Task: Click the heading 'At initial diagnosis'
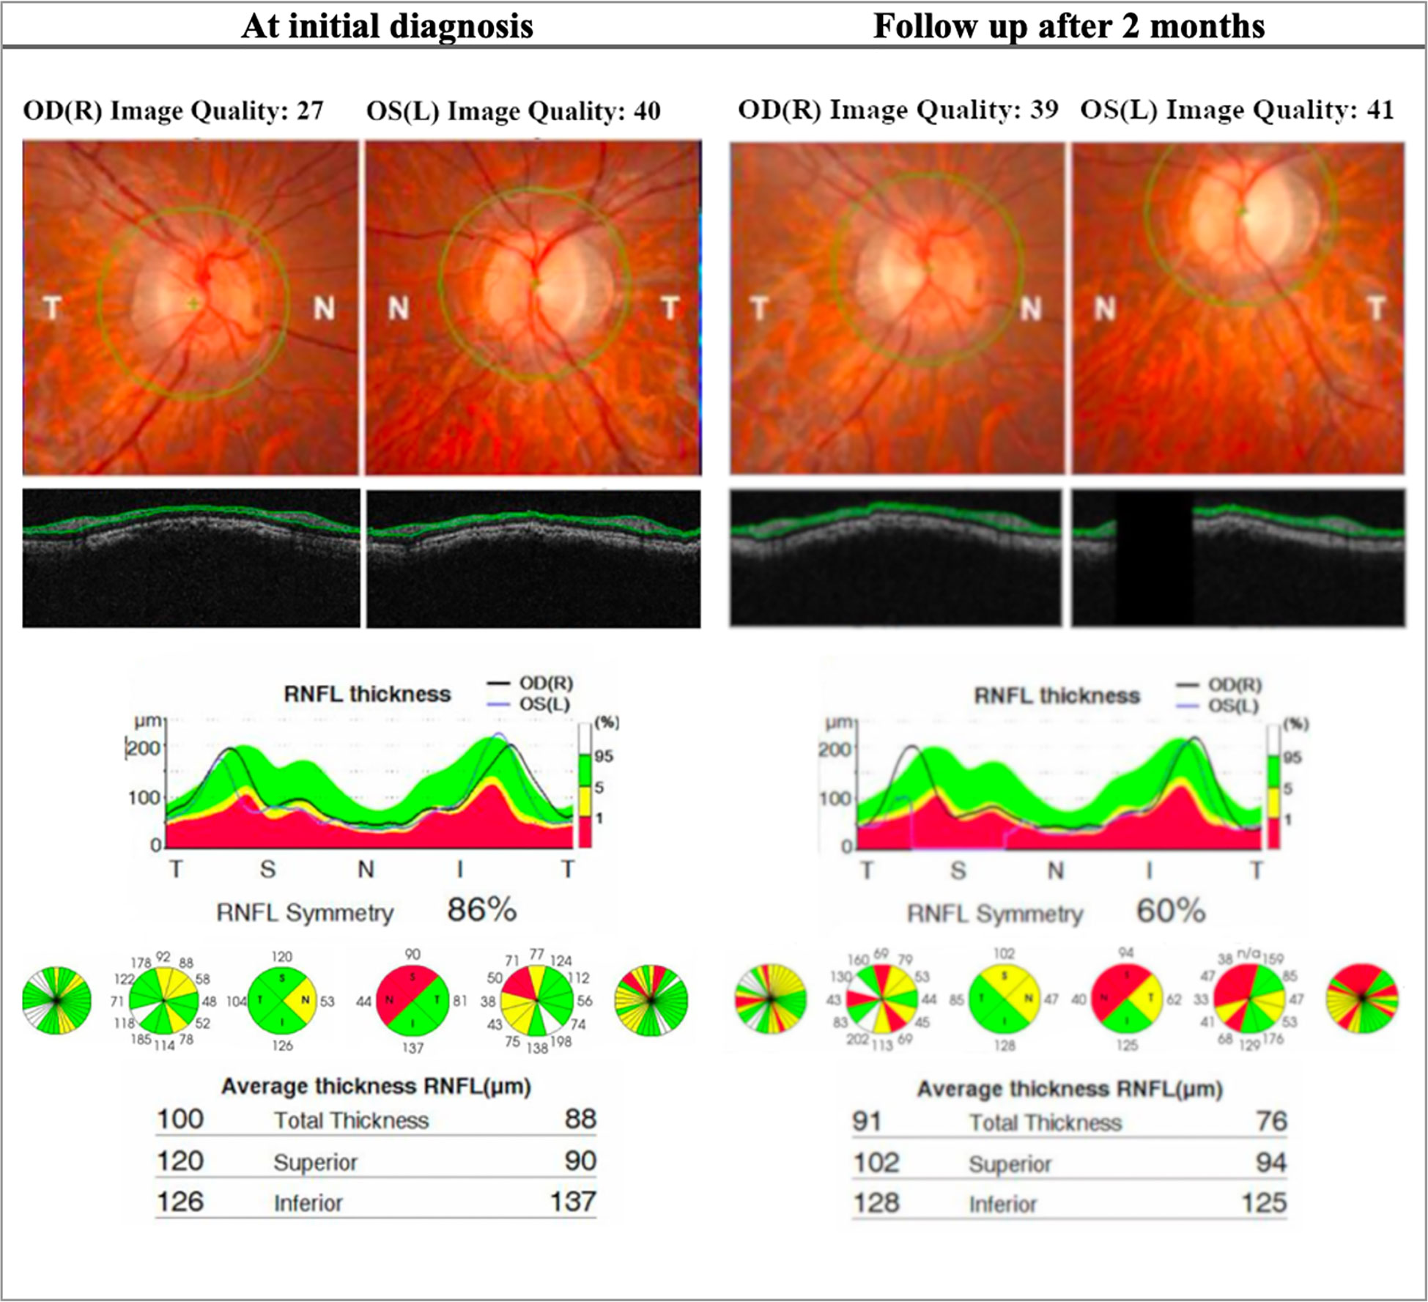387,26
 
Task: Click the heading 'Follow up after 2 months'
1068,26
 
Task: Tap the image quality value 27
310,111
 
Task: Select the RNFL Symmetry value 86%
481,910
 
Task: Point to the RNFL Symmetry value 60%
1170,911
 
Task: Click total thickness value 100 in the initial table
180,1120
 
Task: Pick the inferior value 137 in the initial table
572,1202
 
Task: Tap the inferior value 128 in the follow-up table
876,1203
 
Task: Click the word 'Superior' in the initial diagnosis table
315,1162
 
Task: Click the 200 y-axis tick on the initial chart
143,748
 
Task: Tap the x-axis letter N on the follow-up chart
1055,870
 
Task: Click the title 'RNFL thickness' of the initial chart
367,694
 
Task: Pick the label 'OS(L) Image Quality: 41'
1237,110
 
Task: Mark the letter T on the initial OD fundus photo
51,308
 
